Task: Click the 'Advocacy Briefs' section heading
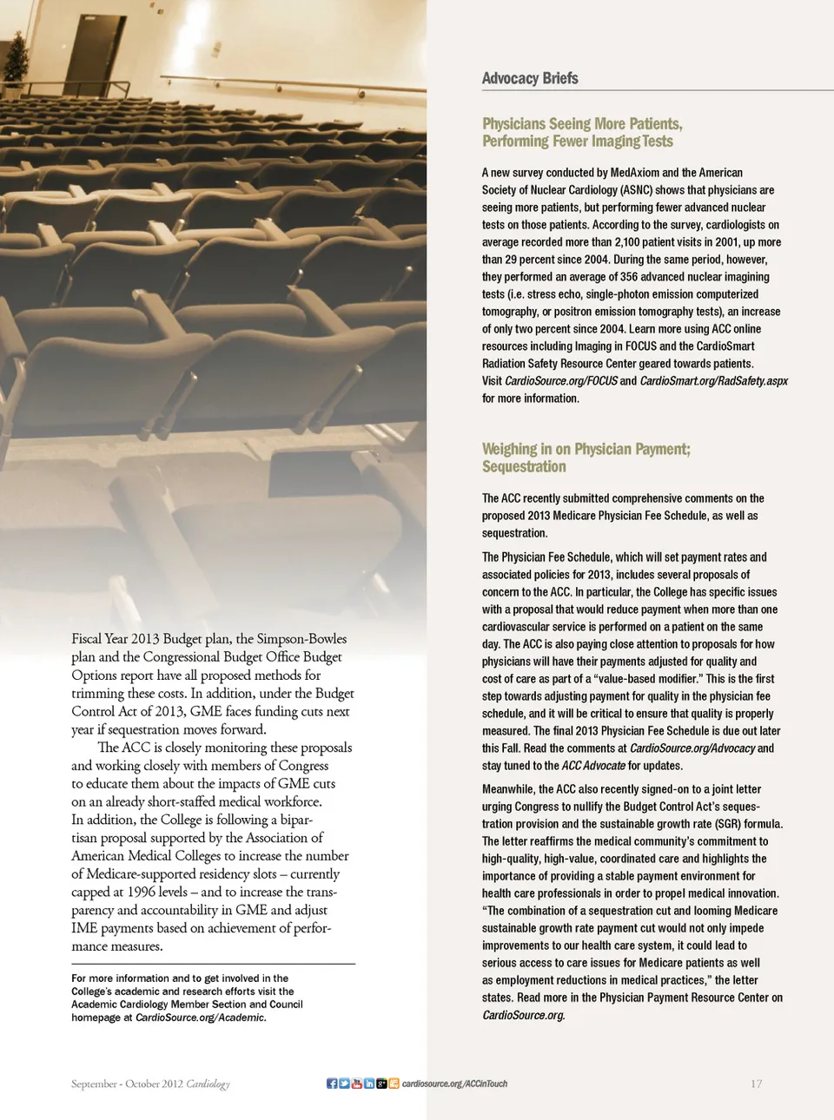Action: point(530,78)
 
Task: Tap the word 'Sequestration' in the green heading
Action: point(524,467)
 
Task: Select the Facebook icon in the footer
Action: point(332,1084)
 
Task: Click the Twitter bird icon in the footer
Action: point(344,1084)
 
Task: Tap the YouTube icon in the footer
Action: point(356,1084)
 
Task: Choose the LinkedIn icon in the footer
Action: point(369,1084)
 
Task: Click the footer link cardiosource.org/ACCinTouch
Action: point(454,1084)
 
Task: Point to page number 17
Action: point(756,1084)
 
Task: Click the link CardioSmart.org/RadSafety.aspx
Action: point(714,381)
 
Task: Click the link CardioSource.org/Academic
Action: point(201,1018)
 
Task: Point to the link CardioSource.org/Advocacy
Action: point(692,748)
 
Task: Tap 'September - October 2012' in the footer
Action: point(127,1084)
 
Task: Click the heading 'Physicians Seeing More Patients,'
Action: point(582,124)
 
